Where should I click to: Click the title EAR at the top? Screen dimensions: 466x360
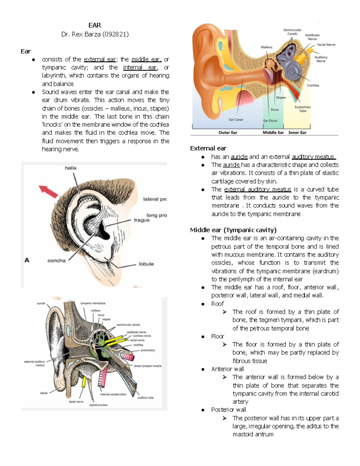[94, 25]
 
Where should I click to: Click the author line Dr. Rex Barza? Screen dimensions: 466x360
[95, 34]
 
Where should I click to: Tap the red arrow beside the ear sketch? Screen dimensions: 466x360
[48, 191]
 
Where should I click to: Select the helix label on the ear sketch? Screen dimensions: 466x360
[70, 168]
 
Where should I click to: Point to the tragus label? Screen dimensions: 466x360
[141, 220]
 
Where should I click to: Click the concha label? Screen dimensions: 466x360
[56, 260]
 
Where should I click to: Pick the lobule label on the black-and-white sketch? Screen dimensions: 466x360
[146, 264]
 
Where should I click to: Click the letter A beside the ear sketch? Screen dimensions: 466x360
[27, 260]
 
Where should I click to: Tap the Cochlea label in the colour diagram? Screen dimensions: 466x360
[313, 86]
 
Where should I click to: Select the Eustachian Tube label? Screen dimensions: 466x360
[303, 109]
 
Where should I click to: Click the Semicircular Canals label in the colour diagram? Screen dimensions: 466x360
[292, 32]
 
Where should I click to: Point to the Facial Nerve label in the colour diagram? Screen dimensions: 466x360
[326, 45]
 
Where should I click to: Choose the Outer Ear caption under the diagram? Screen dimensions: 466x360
[228, 132]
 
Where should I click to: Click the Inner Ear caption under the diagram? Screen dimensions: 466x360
[297, 132]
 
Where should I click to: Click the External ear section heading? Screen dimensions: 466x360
[208, 148]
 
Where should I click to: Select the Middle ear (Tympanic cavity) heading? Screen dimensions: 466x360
[233, 230]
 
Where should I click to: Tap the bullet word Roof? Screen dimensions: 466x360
[217, 304]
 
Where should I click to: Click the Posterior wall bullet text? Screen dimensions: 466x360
[228, 410]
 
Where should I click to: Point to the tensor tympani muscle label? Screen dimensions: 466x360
[148, 366]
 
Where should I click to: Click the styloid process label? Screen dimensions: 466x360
[98, 405]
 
